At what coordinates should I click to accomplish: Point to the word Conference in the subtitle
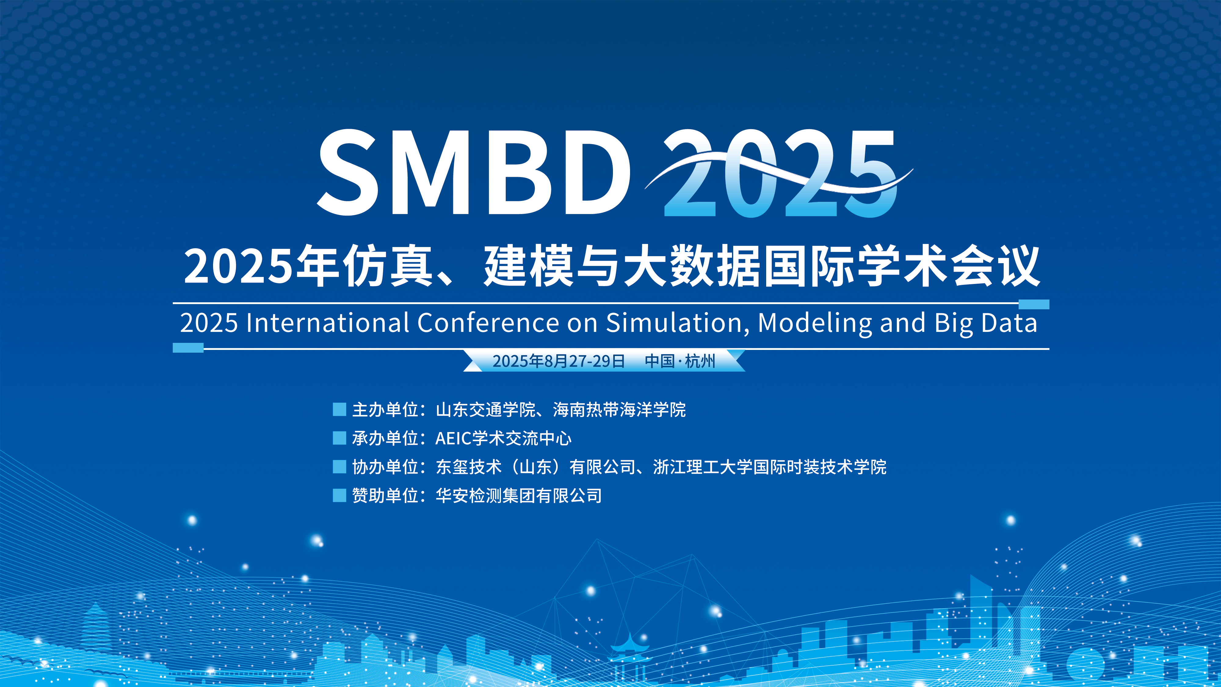click(x=488, y=323)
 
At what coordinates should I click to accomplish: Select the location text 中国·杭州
click(x=680, y=361)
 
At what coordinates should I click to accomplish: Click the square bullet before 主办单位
click(x=339, y=409)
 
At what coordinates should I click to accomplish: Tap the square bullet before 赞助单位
click(x=339, y=496)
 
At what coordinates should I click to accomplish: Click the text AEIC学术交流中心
click(x=503, y=438)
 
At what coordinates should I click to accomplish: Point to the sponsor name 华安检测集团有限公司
click(x=519, y=496)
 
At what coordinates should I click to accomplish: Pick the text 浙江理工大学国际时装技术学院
click(x=770, y=467)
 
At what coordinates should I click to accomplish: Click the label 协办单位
click(x=385, y=467)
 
